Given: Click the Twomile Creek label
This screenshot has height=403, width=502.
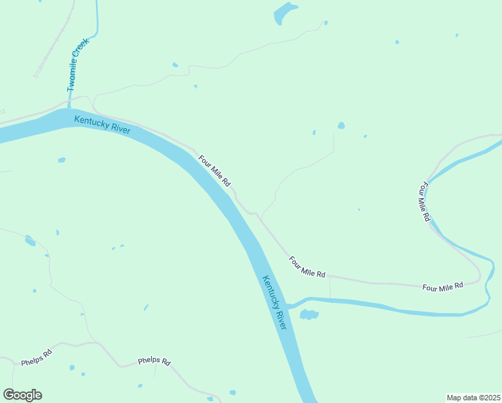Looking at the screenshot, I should pos(78,65).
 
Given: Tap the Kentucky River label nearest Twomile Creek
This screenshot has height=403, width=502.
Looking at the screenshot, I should pos(102,124).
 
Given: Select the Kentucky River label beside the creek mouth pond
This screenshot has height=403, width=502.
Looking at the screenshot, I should pos(274,302).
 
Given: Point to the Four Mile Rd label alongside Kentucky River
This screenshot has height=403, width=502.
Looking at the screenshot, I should pos(215,171).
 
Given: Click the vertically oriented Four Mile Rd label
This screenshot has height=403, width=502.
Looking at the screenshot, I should pos(423,201).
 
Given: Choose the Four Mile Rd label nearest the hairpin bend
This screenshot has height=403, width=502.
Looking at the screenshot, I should pos(443,286).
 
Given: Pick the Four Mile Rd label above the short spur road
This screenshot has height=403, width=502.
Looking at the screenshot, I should pos(307,267).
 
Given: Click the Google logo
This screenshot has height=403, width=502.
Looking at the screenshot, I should pos(23,395).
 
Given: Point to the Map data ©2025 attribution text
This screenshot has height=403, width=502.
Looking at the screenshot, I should pos(473,398).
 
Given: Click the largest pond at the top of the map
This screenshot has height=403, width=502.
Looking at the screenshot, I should pos(285,13).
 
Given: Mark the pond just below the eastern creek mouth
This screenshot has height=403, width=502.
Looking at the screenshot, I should pos(309,314).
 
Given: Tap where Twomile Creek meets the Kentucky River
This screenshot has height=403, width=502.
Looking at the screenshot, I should pos(69,107).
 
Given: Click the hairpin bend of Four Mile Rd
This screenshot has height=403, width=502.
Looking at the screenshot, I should pos(479,275).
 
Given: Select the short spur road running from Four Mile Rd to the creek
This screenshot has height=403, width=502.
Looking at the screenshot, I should pos(330,287).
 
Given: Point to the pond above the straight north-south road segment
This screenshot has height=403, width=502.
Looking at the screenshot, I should pos(341,126).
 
